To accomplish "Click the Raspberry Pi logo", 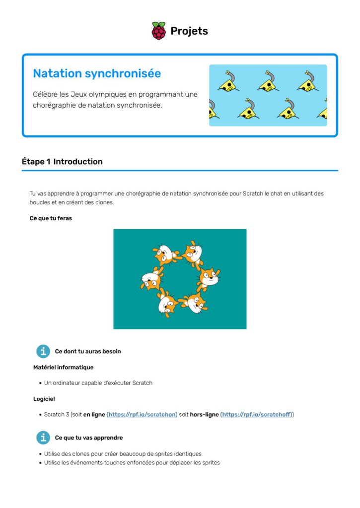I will [158, 31].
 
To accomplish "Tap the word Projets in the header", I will [189, 31].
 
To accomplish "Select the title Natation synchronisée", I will [97, 73].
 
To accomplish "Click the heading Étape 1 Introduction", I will [62, 162].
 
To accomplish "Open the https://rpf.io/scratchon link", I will [143, 414].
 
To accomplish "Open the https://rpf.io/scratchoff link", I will [257, 414].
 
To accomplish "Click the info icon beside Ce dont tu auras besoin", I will [43, 351].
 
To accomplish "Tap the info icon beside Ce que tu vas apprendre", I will [43, 438].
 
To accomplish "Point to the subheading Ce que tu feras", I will [51, 218].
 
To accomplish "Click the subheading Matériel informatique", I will [63, 367].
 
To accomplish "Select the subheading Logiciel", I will [44, 398].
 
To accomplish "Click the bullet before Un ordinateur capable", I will [40, 383].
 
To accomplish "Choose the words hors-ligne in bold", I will [204, 414].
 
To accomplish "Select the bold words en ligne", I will [94, 414].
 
